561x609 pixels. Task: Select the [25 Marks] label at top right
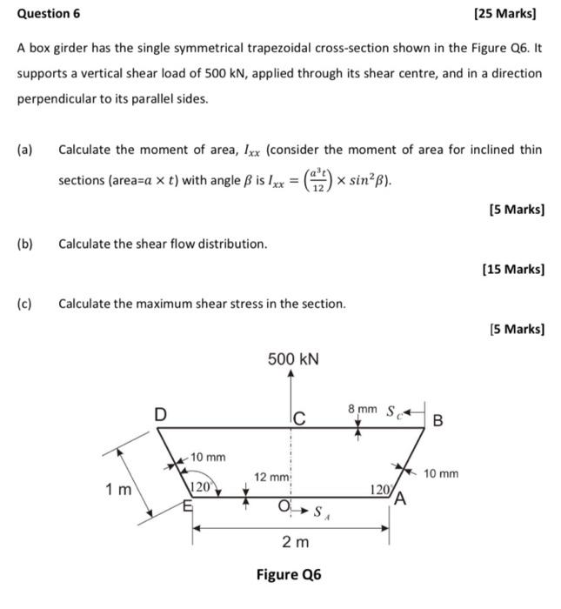point(505,14)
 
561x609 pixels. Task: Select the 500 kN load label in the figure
point(292,359)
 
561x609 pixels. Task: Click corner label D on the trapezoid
point(161,415)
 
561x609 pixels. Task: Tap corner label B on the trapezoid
point(437,421)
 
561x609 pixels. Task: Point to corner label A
point(399,499)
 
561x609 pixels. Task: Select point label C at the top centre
point(298,420)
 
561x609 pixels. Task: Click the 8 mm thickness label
point(363,408)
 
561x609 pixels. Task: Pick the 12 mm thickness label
point(270,477)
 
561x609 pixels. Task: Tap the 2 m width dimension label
point(294,543)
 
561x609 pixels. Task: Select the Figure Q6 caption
point(289,575)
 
